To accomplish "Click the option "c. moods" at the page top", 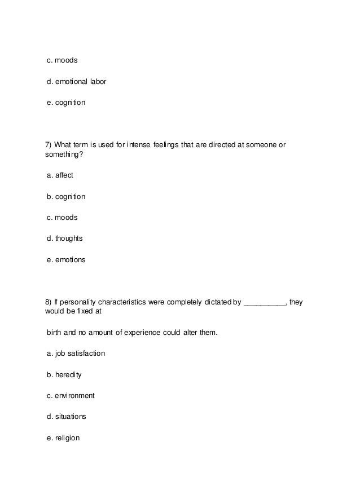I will pyautogui.click(x=62, y=60).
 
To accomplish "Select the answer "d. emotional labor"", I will pyautogui.click(x=76, y=82).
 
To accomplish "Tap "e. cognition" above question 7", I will pyautogui.click(x=66, y=103).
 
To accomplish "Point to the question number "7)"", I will pyautogui.click(x=49, y=145).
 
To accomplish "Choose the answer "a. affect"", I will pyautogui.click(x=60, y=175).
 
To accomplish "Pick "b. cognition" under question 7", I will pyautogui.click(x=66, y=196).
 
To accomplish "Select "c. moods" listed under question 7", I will pyautogui.click(x=62, y=218).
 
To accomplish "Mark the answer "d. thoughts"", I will pyautogui.click(x=65, y=238).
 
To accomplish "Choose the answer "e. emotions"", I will pyautogui.click(x=66, y=260).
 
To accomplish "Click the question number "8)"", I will pyautogui.click(x=49, y=302).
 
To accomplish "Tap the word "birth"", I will pyautogui.click(x=55, y=333).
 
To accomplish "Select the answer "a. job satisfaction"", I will pyautogui.click(x=76, y=353).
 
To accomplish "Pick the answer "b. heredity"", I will pyautogui.click(x=64, y=374).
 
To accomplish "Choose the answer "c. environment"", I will pyautogui.click(x=71, y=396).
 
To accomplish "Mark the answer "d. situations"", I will pyautogui.click(x=67, y=417).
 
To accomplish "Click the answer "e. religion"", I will pyautogui.click(x=63, y=437).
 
